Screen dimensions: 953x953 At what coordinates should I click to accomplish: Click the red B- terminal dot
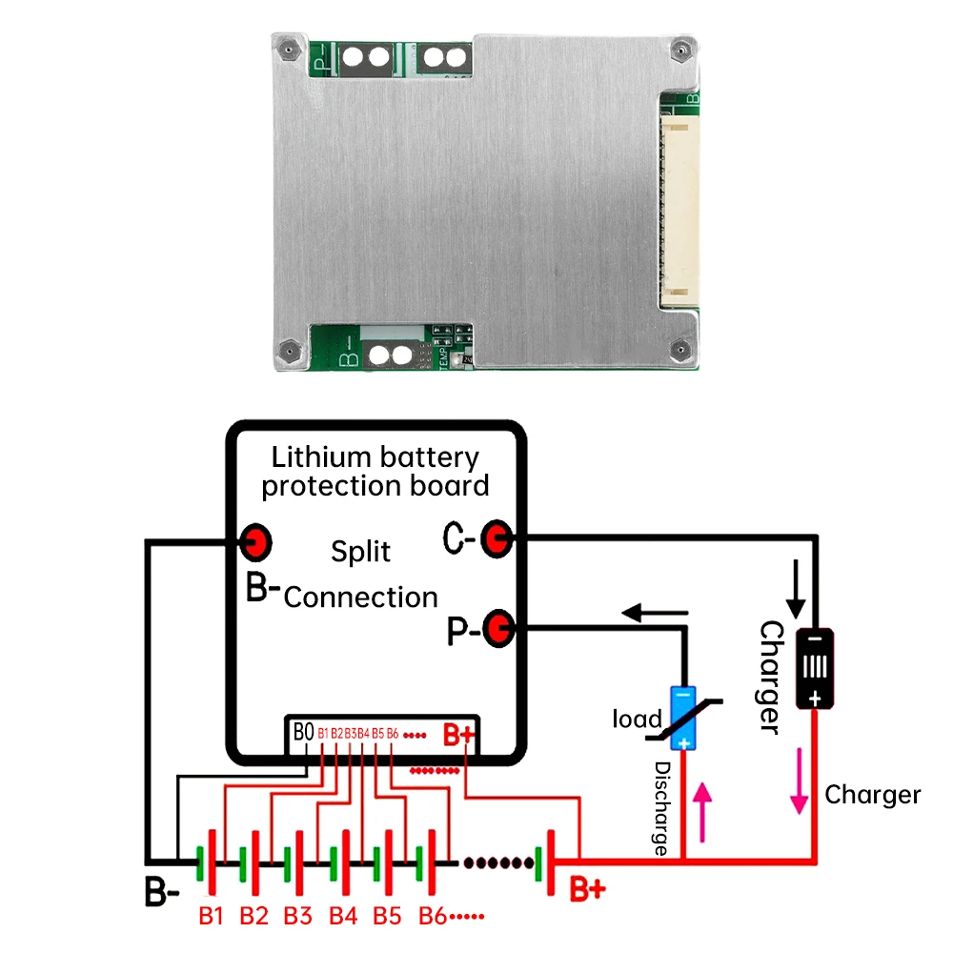click(x=255, y=542)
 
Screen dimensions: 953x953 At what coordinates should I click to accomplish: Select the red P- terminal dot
click(x=497, y=628)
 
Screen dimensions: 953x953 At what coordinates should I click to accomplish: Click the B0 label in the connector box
click(x=303, y=733)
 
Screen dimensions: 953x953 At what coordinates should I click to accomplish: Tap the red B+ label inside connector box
click(x=459, y=735)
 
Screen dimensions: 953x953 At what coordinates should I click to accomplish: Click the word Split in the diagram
click(x=360, y=552)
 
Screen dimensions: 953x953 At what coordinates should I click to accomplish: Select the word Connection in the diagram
click(x=360, y=598)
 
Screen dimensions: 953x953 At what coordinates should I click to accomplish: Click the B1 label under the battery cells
click(x=211, y=916)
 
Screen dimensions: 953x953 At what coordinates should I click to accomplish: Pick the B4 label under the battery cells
click(x=343, y=916)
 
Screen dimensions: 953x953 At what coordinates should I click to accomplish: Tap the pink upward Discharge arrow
click(x=703, y=811)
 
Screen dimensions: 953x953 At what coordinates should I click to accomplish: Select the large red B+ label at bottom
click(x=587, y=890)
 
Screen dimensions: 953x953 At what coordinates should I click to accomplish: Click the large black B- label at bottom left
click(x=161, y=894)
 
